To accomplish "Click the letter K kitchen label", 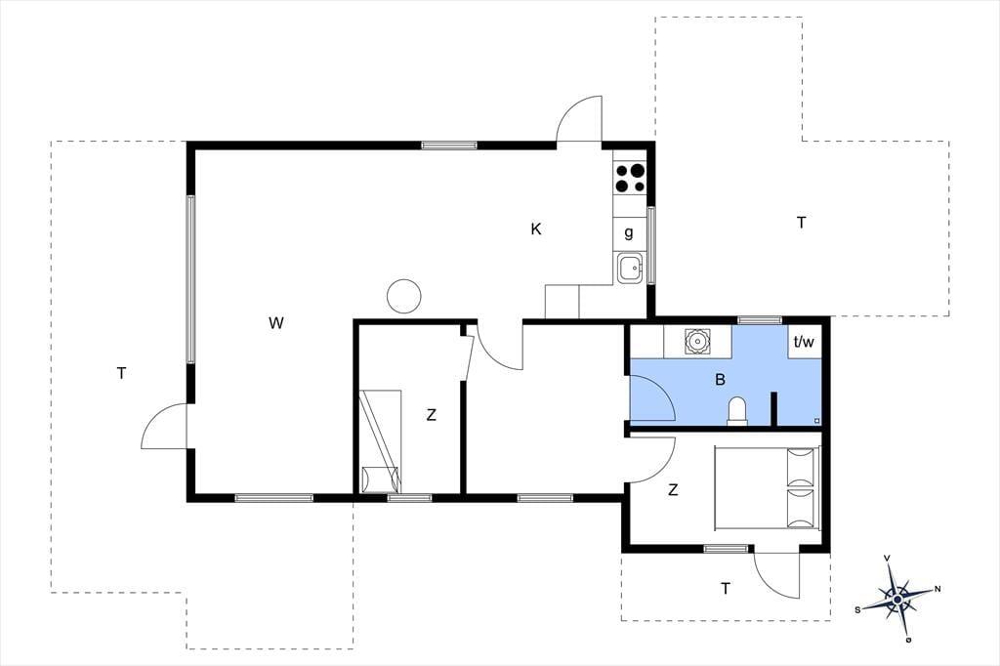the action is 536,229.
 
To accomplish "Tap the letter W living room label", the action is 275,323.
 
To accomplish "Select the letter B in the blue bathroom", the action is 720,380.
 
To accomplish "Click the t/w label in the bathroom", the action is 804,342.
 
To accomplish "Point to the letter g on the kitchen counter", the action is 629,232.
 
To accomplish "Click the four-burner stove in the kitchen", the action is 630,178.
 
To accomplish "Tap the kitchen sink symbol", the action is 630,268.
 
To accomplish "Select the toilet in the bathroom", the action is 737,409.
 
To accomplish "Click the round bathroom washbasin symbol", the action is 697,341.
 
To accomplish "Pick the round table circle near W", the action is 403,296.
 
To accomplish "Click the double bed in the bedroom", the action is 767,488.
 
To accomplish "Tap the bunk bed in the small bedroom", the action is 381,441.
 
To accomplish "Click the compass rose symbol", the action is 897,599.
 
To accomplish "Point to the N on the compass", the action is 937,589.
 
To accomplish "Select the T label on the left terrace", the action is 121,373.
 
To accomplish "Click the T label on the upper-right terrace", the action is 802,223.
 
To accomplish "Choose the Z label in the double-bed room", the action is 673,490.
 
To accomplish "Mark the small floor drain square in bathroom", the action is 817,421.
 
